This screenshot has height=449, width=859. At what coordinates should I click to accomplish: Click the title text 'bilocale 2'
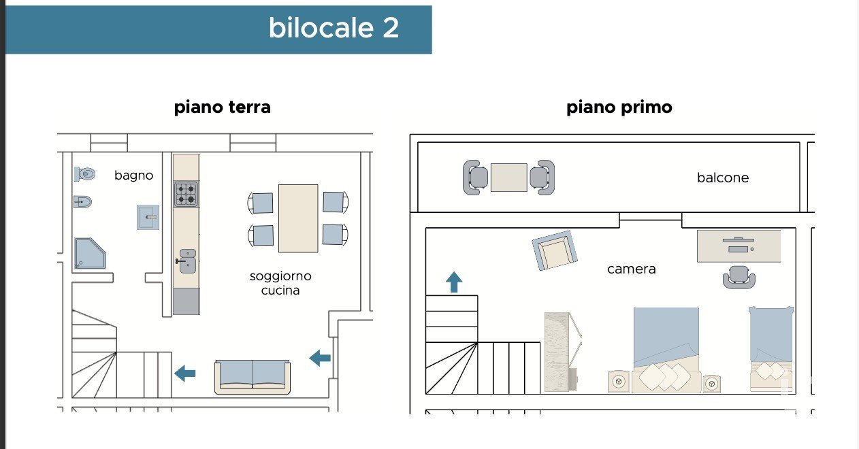click(x=334, y=29)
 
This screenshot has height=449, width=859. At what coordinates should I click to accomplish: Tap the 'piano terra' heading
click(x=223, y=107)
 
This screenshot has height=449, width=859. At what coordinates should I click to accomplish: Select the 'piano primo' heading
click(x=619, y=107)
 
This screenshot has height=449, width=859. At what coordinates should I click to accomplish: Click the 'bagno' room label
click(x=133, y=176)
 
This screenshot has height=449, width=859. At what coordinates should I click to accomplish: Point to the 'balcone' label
click(x=722, y=178)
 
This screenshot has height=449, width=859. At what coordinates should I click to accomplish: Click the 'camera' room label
click(x=631, y=269)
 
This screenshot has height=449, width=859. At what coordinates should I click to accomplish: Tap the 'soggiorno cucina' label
click(x=280, y=283)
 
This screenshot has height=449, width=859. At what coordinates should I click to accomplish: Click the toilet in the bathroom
click(x=84, y=174)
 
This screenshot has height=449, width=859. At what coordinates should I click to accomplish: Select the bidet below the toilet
click(x=82, y=201)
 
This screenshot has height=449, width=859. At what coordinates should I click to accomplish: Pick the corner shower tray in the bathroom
click(x=89, y=253)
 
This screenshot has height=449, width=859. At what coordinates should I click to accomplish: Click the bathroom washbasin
click(x=148, y=217)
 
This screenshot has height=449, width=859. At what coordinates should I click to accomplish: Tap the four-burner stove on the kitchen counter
click(x=186, y=194)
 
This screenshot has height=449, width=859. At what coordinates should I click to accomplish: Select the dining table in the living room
click(x=298, y=218)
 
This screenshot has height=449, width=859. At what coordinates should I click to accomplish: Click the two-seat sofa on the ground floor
click(x=253, y=376)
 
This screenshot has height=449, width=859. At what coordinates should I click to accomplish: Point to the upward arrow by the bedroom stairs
click(x=454, y=282)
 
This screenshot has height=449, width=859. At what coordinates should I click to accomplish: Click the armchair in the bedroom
click(x=554, y=250)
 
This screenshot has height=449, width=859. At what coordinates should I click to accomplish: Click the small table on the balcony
click(x=508, y=178)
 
